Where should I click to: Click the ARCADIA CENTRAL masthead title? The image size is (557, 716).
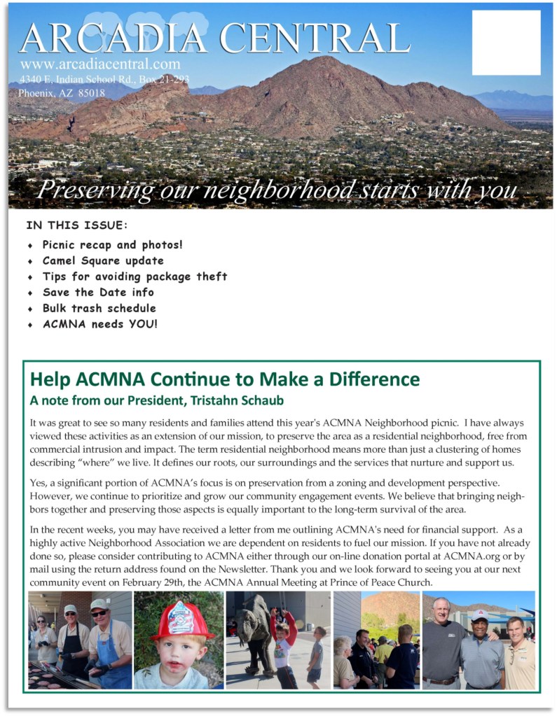[x=214, y=38]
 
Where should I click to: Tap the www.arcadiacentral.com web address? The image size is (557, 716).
[x=101, y=64]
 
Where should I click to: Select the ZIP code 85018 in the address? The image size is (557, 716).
[x=92, y=92]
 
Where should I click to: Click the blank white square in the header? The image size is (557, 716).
[x=506, y=43]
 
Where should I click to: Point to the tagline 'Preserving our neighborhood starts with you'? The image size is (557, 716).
[x=277, y=190]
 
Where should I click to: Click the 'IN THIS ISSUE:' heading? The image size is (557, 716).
[x=77, y=225]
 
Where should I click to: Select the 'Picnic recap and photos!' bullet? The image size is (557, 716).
[x=112, y=245]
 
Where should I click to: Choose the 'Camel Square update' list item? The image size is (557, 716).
[x=103, y=261]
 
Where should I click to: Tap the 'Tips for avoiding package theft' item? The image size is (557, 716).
[x=135, y=276]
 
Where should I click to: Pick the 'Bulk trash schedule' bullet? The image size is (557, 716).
[x=99, y=308]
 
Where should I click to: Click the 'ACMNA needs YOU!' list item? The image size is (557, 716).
[x=99, y=324]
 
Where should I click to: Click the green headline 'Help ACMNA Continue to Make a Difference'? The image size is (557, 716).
[x=225, y=379]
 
